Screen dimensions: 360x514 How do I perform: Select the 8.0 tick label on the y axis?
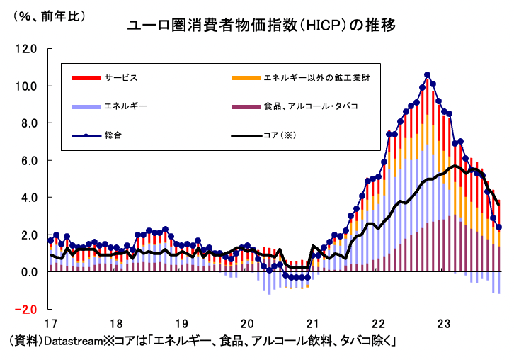pos(28,123)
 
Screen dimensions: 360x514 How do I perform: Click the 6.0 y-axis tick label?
pos(28,161)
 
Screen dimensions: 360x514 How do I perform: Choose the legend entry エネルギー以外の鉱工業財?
pos(316,77)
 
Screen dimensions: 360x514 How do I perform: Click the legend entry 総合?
pos(113,135)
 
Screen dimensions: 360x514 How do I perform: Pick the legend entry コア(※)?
pos(282,135)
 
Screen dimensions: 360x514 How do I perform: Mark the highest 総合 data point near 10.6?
pos(428,74)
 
